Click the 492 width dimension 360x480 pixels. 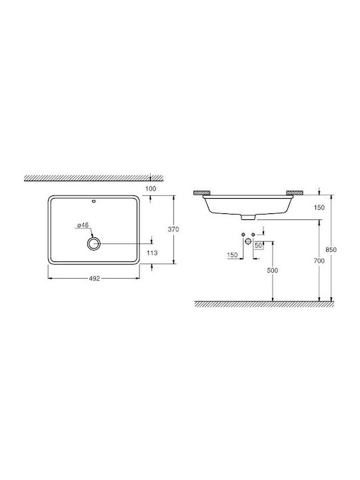tap(93, 279)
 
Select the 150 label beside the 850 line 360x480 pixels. tap(318, 207)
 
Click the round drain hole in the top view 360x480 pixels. tap(93, 244)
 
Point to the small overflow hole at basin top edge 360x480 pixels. tap(93, 199)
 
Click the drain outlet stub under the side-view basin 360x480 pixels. tap(246, 217)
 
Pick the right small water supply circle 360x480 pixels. tap(253, 233)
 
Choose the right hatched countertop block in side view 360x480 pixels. tap(293, 194)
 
